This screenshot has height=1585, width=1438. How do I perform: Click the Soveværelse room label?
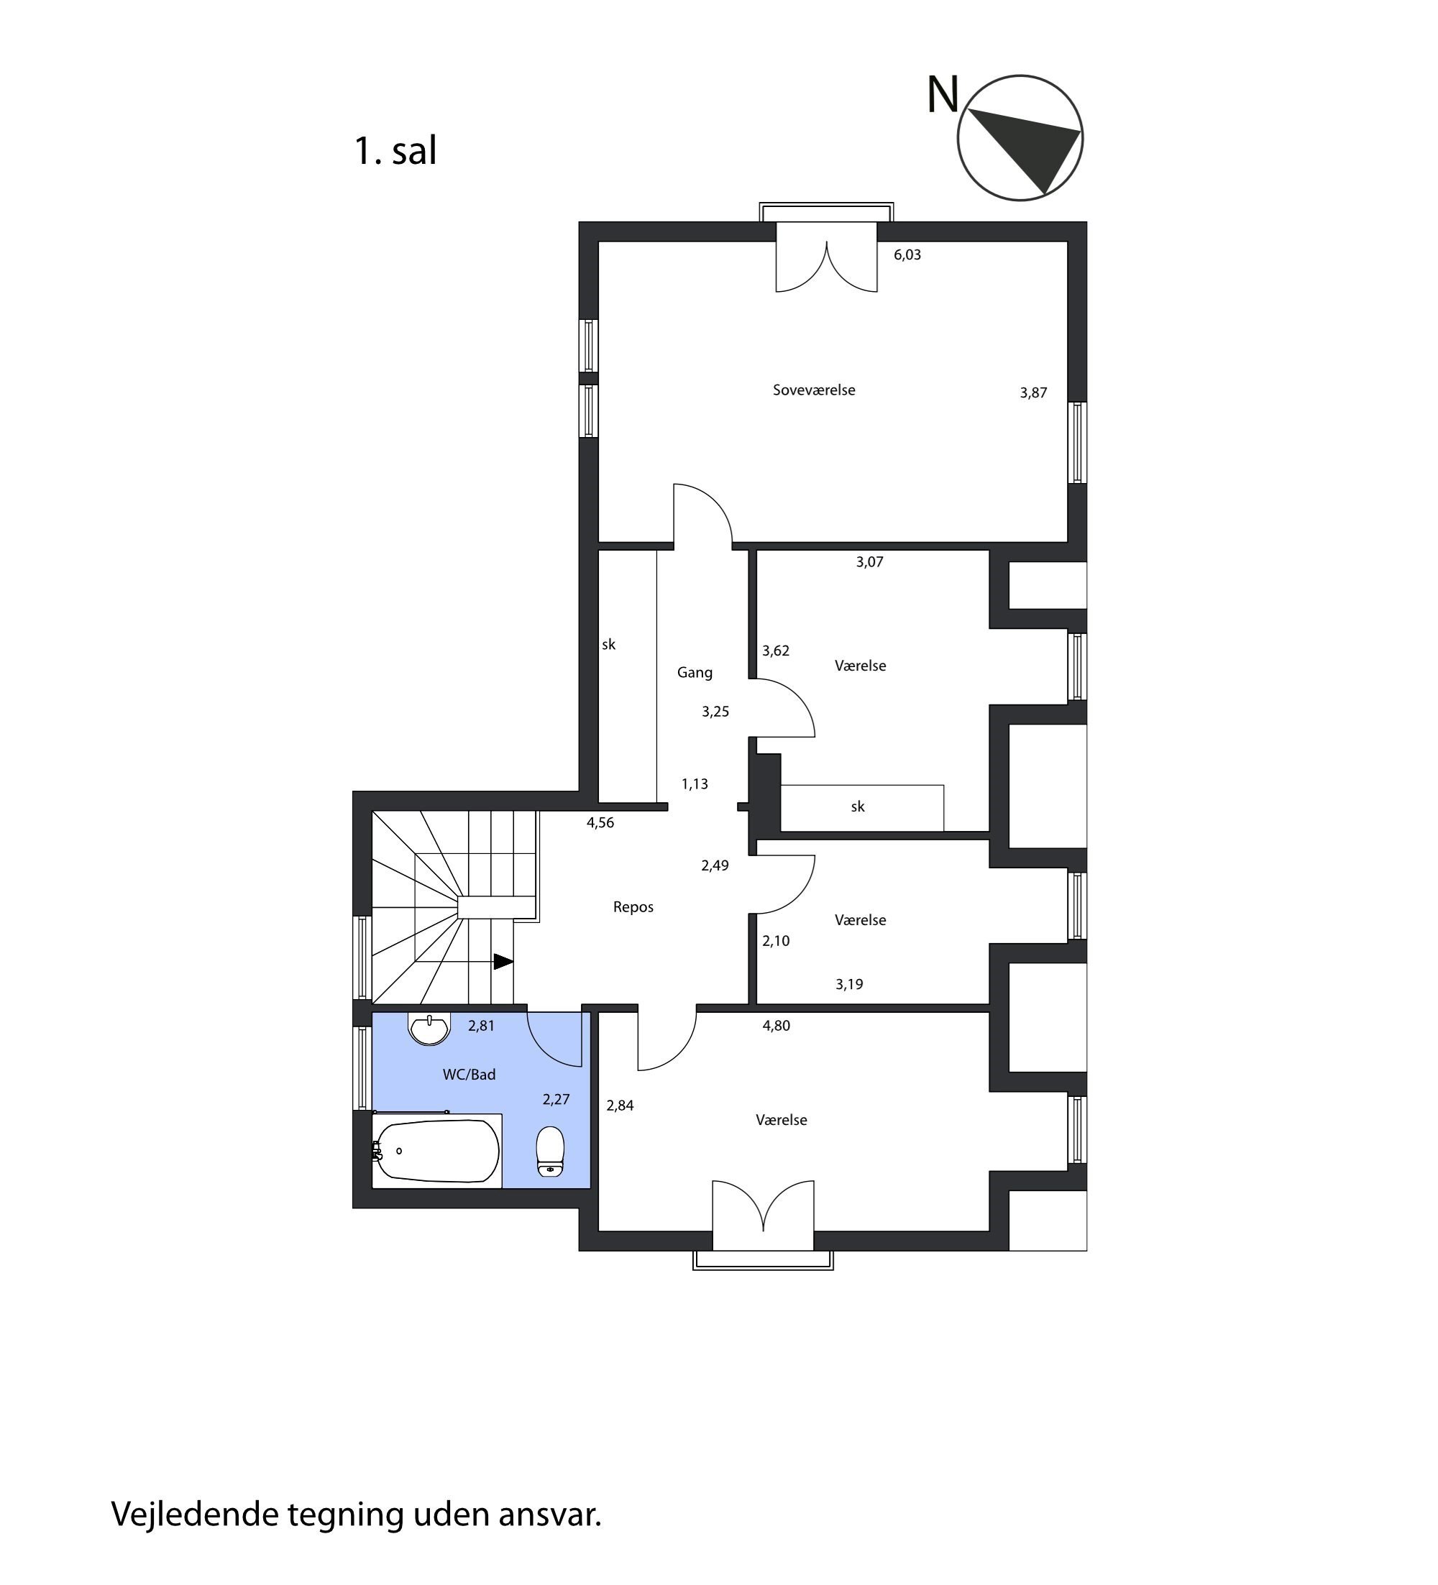(814, 390)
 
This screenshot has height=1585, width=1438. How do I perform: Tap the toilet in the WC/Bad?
(550, 1151)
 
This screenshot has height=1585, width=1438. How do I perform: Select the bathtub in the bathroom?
(437, 1151)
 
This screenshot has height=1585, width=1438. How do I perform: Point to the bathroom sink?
(429, 1029)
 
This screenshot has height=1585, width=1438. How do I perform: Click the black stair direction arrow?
(503, 962)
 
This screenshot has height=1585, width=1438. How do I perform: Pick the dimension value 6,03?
(907, 254)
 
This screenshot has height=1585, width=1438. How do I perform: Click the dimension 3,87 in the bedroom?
(1033, 393)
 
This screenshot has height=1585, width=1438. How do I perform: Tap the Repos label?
(633, 907)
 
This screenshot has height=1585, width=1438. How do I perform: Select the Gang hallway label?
(695, 673)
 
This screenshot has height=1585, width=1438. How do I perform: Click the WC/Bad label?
(470, 1075)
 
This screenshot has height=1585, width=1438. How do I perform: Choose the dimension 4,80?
(776, 1025)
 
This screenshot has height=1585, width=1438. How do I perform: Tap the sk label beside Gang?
(608, 645)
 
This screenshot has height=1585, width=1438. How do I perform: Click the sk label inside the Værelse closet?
(858, 807)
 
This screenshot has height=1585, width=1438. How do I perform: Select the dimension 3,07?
(869, 562)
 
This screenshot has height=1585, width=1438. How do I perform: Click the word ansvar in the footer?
(549, 1515)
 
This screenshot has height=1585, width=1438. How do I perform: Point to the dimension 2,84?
(620, 1106)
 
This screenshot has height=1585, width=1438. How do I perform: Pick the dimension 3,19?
(849, 984)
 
